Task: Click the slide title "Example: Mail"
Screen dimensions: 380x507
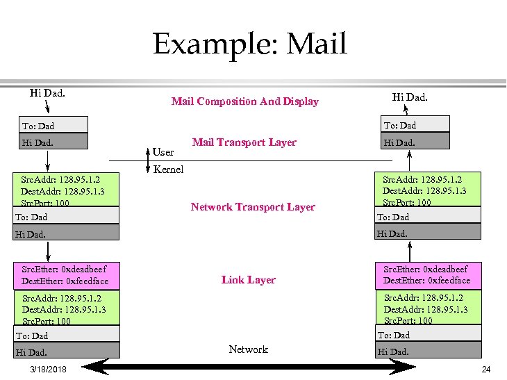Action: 249,44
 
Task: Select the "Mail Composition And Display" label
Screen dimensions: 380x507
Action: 244,101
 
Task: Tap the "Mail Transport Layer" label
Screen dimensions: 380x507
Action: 244,142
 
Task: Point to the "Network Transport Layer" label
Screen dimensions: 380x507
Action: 253,207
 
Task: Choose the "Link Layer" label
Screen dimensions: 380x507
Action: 249,280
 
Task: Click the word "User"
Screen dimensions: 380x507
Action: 163,151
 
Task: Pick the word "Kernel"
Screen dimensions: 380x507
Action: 168,170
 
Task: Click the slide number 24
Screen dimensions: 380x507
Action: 486,369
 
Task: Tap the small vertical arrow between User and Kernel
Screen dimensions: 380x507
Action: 148,159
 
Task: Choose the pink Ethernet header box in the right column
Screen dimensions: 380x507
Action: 426,274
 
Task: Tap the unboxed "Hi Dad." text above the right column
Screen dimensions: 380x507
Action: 410,97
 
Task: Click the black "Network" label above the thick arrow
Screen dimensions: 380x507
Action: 248,349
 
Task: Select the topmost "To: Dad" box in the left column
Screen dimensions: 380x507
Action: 53,126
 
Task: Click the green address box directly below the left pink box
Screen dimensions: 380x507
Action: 67,308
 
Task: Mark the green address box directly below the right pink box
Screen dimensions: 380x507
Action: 426,308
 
